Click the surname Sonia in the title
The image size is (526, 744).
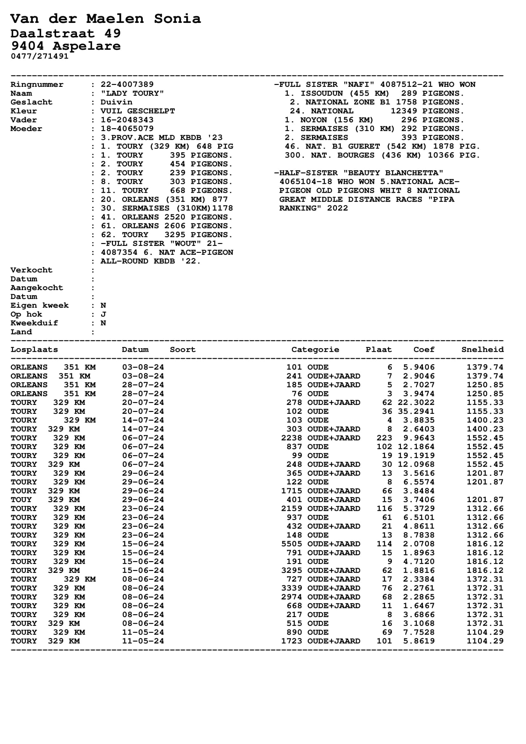pos(177,19)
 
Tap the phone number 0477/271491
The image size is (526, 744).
pos(39,56)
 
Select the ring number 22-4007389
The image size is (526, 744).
pos(127,85)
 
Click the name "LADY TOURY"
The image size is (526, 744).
pos(132,93)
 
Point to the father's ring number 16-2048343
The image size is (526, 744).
pos(127,120)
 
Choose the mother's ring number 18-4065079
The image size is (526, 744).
pos(127,129)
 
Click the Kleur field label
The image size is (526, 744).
pos(24,111)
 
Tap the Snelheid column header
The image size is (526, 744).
pos(483,350)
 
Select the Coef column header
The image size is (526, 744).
pos(424,350)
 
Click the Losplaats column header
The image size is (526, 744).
pos(34,350)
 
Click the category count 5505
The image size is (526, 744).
pos(291,544)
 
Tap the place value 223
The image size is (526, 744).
pos(384,438)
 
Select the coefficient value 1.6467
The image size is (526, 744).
pos(419,606)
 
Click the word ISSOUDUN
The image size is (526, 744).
pos(321,93)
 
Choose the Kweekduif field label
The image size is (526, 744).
pos(34,323)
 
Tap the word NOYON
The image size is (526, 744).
pos(313,120)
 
